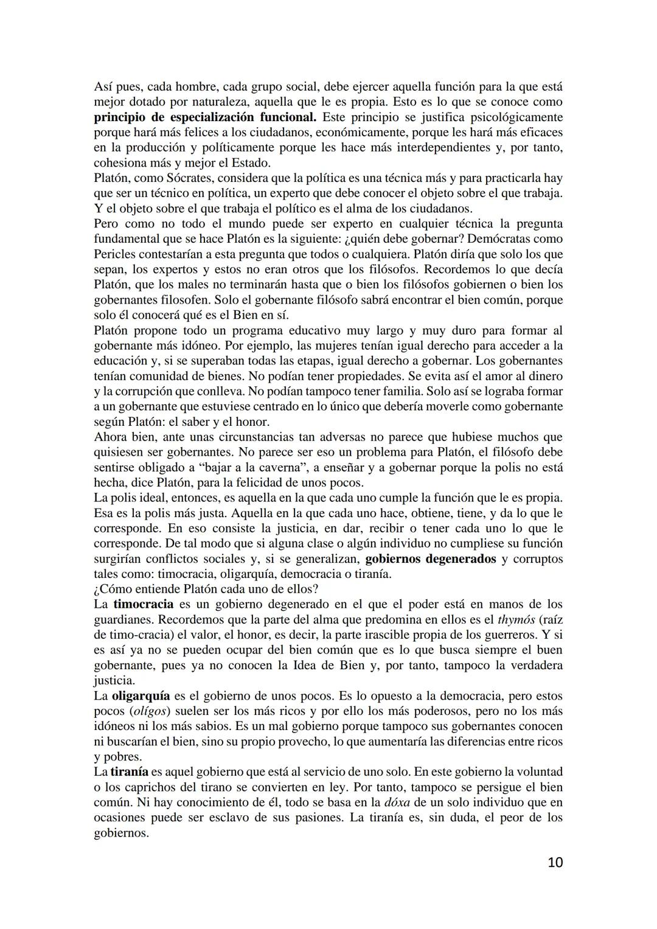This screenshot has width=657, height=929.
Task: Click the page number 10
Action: pos(554,862)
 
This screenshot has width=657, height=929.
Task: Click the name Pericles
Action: pos(114,254)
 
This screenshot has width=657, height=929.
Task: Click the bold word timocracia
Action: pos(143,604)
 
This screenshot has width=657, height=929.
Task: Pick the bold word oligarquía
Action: pos(141,695)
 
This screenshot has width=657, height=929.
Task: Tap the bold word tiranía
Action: pos(130,771)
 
